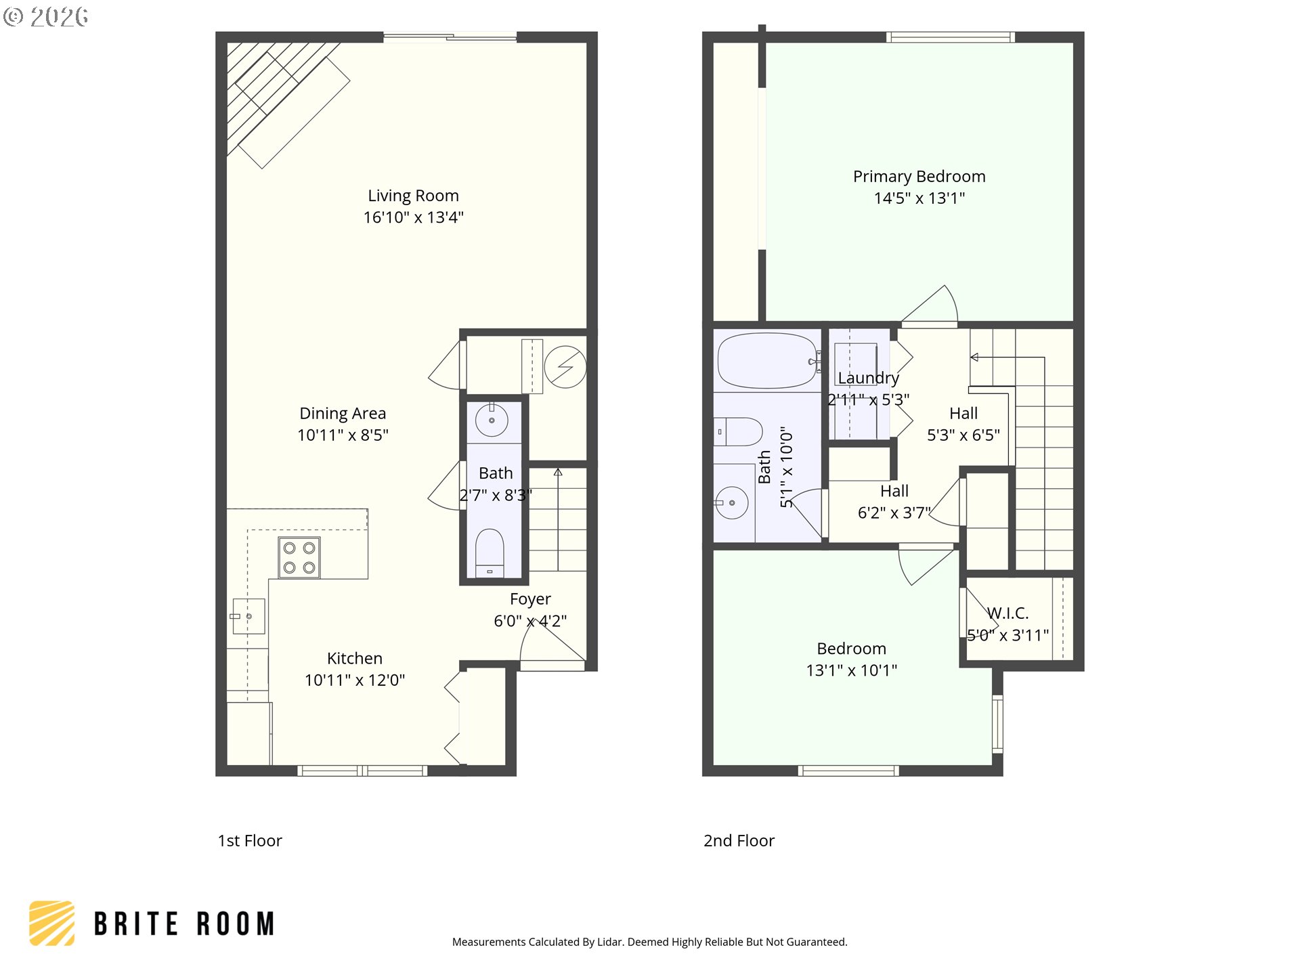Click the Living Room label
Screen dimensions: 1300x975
pyautogui.click(x=413, y=196)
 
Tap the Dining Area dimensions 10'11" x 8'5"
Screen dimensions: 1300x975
pyautogui.click(x=343, y=435)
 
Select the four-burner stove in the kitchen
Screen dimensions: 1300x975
pyautogui.click(x=299, y=558)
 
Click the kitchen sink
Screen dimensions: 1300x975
pyautogui.click(x=248, y=616)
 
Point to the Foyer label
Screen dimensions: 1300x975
pyautogui.click(x=530, y=599)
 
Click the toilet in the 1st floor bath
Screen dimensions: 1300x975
pyautogui.click(x=490, y=552)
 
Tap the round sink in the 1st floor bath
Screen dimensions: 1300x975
pyautogui.click(x=492, y=420)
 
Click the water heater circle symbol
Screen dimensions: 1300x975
pyautogui.click(x=565, y=367)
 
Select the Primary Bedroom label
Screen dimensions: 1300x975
pyautogui.click(x=919, y=177)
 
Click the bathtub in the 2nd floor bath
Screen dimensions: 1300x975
pyautogui.click(x=767, y=360)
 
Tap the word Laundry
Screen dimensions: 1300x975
pyautogui.click(x=868, y=378)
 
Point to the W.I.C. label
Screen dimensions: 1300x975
pyautogui.click(x=1007, y=613)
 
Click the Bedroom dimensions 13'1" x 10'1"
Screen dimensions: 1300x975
pyautogui.click(x=852, y=670)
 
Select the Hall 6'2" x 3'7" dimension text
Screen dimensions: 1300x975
pyautogui.click(x=894, y=513)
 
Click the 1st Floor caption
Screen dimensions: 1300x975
pyautogui.click(x=250, y=841)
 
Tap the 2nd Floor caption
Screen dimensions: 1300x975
pyautogui.click(x=739, y=841)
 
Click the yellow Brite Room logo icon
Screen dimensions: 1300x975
pyautogui.click(x=51, y=923)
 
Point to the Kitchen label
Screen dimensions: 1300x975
pyautogui.click(x=355, y=659)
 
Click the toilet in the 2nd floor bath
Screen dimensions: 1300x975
pyautogui.click(x=738, y=432)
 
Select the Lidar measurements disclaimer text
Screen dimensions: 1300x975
pyautogui.click(x=649, y=942)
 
